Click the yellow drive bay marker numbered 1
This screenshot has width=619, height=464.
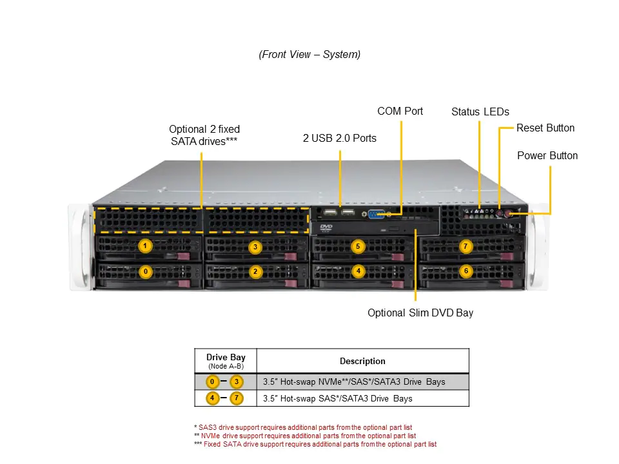click(146, 246)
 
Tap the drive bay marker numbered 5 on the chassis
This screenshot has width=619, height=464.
click(358, 246)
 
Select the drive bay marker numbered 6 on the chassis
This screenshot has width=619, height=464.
click(466, 271)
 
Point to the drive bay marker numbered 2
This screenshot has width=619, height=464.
click(255, 272)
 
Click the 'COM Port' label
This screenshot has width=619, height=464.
click(400, 111)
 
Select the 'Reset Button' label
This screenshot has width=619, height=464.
click(545, 128)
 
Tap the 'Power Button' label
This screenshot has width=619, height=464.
click(547, 156)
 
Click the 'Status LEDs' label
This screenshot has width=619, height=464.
click(480, 112)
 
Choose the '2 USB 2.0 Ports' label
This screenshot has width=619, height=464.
click(340, 138)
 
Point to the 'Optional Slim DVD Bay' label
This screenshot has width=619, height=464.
click(420, 313)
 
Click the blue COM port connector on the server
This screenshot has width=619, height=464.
click(377, 215)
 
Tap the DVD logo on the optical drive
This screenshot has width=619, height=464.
click(326, 227)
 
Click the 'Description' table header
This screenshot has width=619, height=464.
click(362, 361)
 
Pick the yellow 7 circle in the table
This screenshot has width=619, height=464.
click(237, 398)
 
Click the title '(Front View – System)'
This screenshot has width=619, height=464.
click(309, 55)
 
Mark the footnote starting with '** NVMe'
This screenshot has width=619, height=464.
click(305, 436)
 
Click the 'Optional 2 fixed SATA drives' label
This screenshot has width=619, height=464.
click(204, 135)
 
